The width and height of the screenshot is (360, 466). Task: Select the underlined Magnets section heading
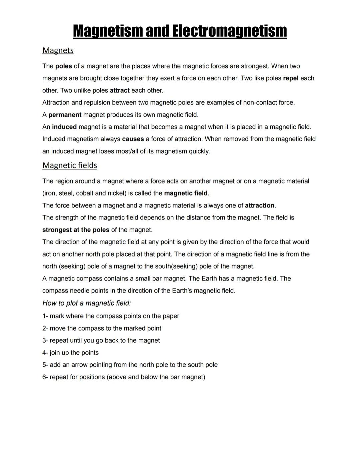point(58,50)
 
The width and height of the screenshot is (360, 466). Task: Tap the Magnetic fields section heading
point(70,165)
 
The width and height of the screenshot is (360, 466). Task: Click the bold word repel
point(291,78)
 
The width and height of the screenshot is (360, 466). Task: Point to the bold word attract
point(120,91)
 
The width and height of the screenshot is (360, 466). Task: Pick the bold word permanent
point(65,115)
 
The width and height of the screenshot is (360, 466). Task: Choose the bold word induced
point(64,127)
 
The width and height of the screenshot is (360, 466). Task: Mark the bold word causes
point(133,139)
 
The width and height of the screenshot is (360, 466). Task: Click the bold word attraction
point(260,205)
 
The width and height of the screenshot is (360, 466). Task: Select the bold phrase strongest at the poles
point(76,230)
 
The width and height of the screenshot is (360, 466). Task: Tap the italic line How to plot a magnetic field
point(87,303)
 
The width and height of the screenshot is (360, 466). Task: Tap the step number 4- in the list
point(45,353)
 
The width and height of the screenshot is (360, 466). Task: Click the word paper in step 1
point(171,316)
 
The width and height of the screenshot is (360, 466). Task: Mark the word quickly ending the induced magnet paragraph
point(199,151)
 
